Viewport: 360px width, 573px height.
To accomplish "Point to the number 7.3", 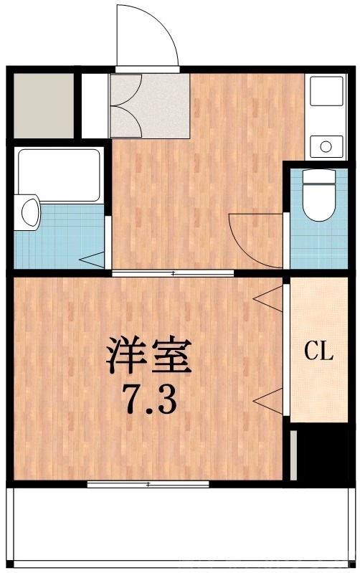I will pos(149,399).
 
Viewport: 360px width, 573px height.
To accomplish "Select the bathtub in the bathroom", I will pos(59,174).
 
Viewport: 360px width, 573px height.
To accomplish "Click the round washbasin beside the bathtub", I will pos(29,212).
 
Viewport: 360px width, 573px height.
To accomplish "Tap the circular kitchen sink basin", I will pos(326,147).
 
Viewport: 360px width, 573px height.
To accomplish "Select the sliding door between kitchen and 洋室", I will pos(174,273).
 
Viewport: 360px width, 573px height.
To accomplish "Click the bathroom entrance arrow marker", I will pos(92,258).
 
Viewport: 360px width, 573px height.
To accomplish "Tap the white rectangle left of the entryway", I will pos(94,105).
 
